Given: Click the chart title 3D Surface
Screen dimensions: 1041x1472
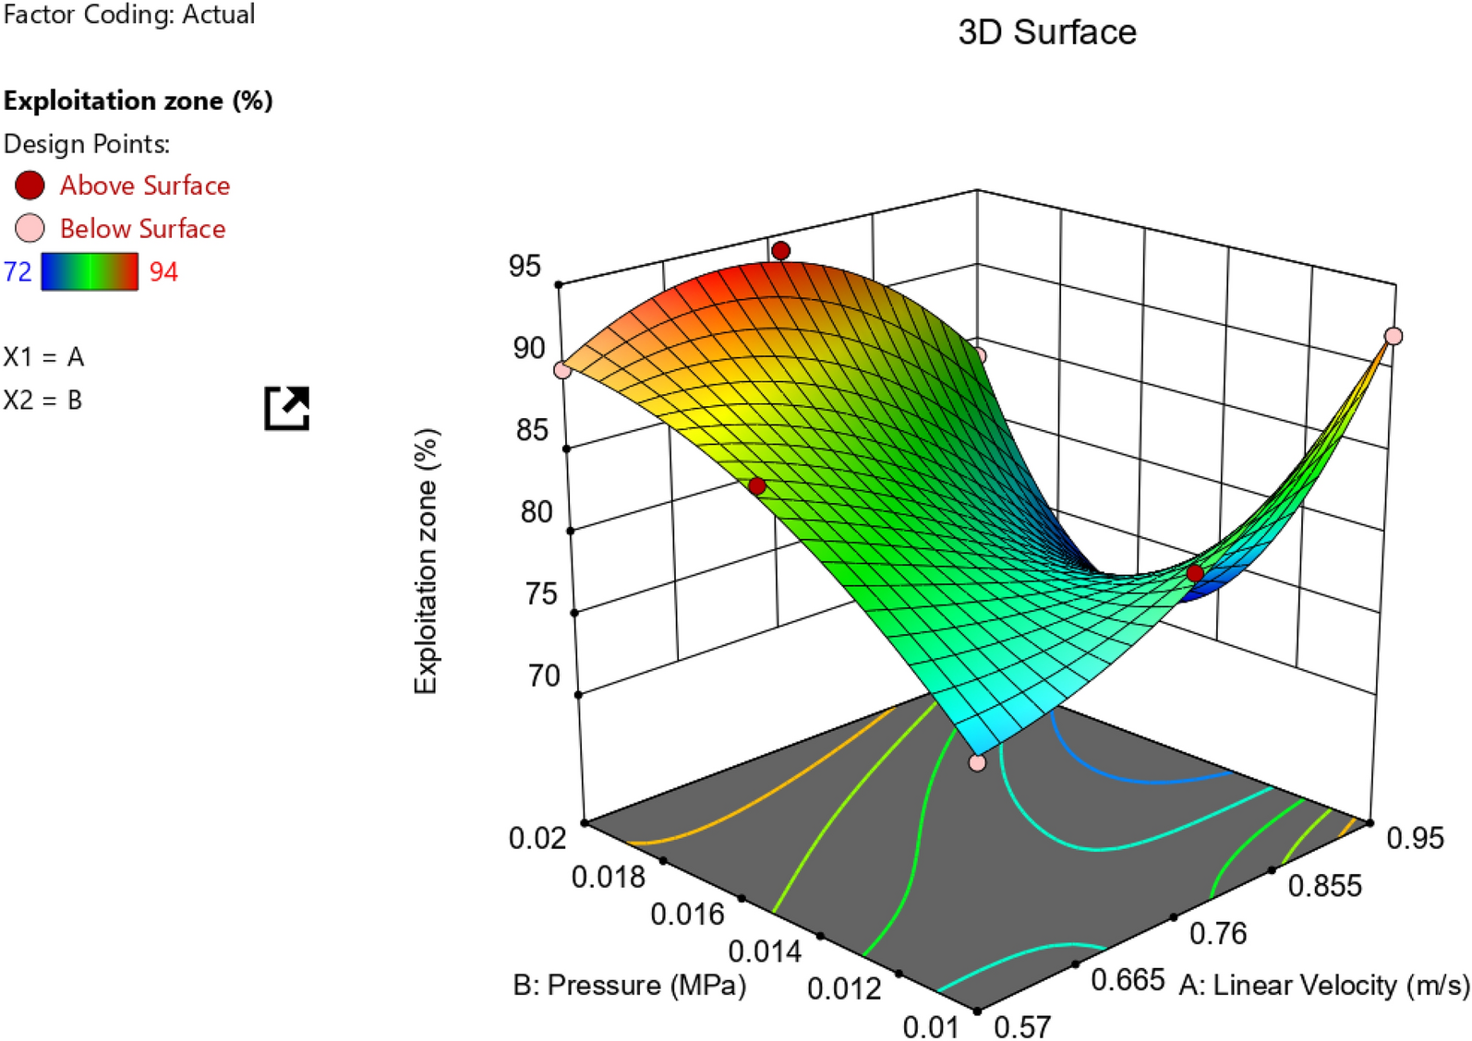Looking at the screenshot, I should click(1046, 32).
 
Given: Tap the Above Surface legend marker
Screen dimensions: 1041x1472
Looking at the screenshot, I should click(30, 185).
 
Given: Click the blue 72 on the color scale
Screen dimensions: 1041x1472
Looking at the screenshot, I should click(18, 271).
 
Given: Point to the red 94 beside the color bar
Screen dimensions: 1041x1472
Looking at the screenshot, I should click(163, 271).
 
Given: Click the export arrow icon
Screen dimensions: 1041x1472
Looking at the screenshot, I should click(287, 408).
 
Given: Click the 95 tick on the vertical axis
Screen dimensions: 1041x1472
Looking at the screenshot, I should click(525, 266).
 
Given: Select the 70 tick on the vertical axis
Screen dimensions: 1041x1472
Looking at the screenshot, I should click(544, 676).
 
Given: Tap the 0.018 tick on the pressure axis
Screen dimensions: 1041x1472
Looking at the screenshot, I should click(608, 876).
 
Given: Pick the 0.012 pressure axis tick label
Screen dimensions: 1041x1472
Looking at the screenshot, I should click(844, 988).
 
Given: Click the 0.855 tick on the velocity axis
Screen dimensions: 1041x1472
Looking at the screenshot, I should click(1324, 886).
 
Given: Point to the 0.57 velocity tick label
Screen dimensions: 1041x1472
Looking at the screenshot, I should click(1022, 1026).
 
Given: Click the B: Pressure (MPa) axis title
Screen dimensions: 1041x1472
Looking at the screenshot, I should click(629, 985).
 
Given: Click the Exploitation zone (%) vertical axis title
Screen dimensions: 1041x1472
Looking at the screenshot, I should click(426, 560).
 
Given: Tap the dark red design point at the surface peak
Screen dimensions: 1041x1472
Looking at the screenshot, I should click(781, 250).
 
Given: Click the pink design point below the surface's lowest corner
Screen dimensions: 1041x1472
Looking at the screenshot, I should click(977, 762).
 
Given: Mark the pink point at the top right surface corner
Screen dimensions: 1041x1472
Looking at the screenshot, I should click(1394, 336).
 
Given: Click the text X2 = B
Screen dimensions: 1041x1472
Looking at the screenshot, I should click(42, 400).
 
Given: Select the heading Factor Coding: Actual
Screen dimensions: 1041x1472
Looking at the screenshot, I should click(129, 14).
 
